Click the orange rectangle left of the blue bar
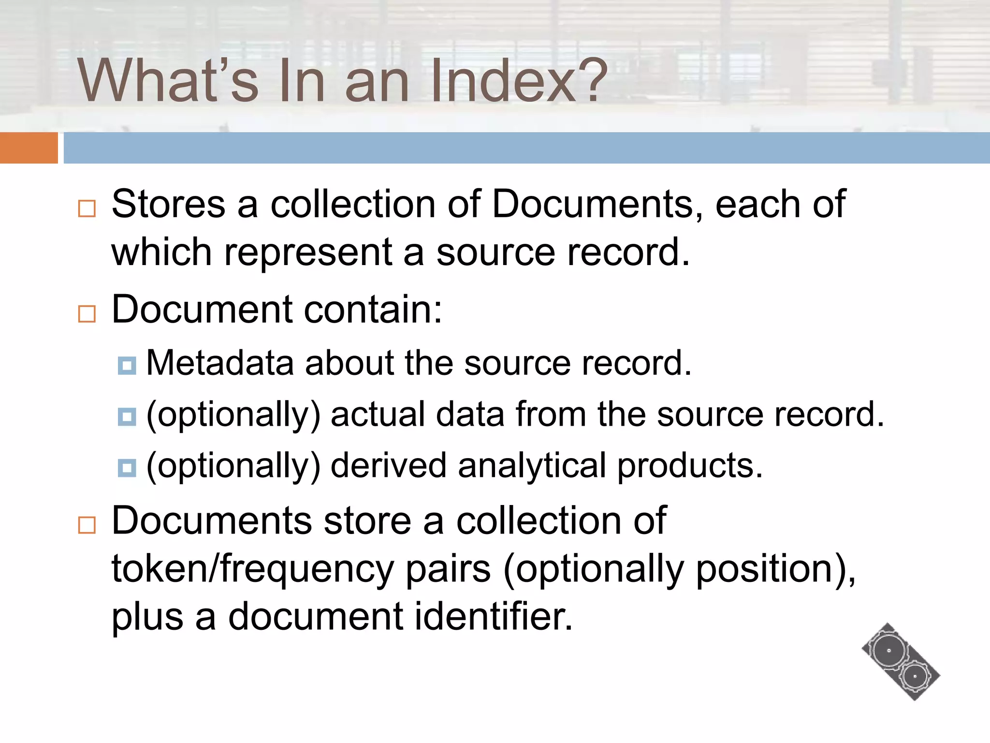coord(29,148)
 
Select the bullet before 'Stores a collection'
coord(87,208)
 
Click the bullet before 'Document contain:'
coord(87,313)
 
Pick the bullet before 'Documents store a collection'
coord(87,524)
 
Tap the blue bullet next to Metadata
coord(127,366)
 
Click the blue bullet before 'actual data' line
coord(127,416)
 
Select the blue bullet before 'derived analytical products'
coord(127,468)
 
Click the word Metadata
coord(220,363)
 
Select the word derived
coord(389,466)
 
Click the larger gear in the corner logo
coord(888,651)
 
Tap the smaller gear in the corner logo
coord(915,676)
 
